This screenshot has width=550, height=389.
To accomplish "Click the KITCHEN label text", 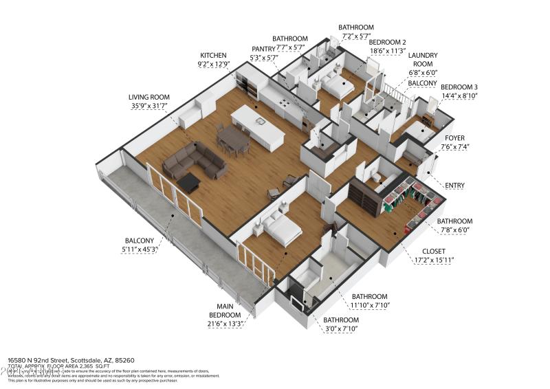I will click(212, 55).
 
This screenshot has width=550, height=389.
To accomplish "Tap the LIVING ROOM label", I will click(148, 98).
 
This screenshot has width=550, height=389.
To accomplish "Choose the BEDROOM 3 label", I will click(459, 87).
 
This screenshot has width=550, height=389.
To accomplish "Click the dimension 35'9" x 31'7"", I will click(148, 107).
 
